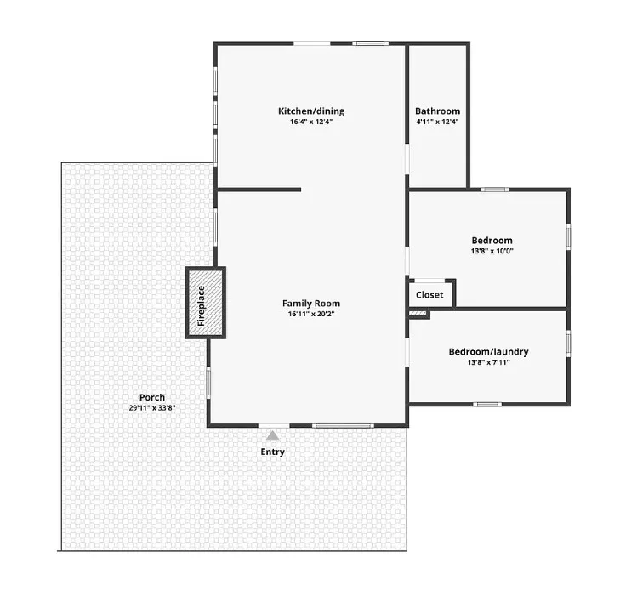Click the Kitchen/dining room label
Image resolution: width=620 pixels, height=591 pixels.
click(311, 111)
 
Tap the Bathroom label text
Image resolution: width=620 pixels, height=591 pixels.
click(437, 111)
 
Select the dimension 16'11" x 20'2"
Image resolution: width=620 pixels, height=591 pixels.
click(311, 315)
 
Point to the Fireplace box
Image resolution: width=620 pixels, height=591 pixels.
click(206, 303)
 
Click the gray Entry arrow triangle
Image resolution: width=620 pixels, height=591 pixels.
click(272, 436)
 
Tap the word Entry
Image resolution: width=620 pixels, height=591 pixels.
click(272, 452)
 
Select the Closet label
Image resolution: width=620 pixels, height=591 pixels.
click(429, 295)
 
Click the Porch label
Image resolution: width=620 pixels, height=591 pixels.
click(152, 397)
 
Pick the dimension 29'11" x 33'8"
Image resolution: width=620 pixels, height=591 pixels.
click(152, 408)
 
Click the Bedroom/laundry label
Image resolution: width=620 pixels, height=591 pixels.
click(489, 352)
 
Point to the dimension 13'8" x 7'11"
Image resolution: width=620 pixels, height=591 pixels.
click(489, 362)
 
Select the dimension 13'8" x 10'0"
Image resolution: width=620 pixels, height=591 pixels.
click(492, 251)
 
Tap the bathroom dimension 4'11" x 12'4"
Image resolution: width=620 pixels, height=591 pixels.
click(437, 122)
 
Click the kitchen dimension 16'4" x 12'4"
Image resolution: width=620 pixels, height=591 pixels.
click(311, 122)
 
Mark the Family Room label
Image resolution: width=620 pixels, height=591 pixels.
click(311, 304)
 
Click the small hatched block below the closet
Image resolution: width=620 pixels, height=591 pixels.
click(418, 314)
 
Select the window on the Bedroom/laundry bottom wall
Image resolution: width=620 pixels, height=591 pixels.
click(487, 405)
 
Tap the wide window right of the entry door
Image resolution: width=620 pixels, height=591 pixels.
click(343, 426)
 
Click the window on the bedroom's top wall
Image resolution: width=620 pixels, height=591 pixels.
click(495, 190)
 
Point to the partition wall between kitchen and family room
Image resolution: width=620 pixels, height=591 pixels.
click(259, 190)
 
